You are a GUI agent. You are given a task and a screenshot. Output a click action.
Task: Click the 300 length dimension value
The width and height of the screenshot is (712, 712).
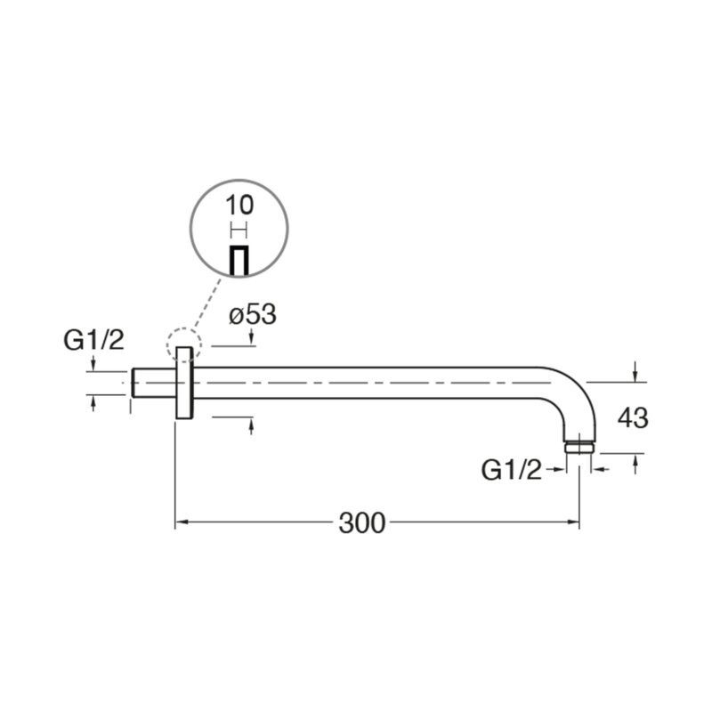pyautogui.click(x=362, y=523)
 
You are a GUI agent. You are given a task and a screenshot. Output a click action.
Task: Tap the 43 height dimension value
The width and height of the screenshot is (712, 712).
pyautogui.click(x=633, y=417)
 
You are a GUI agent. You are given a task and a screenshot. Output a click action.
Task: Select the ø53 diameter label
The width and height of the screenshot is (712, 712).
pyautogui.click(x=253, y=314)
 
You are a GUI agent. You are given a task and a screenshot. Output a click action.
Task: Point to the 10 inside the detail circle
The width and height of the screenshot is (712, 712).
pyautogui.click(x=239, y=206)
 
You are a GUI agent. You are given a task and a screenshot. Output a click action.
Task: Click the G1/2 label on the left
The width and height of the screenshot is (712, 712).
pyautogui.click(x=93, y=340)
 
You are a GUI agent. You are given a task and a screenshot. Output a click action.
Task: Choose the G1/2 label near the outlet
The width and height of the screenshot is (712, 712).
pyautogui.click(x=511, y=470)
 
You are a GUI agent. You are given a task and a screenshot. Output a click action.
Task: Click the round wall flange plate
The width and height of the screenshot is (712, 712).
pyautogui.click(x=184, y=383)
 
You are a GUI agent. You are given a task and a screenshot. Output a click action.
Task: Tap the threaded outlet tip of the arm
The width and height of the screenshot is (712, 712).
pyautogui.click(x=579, y=448)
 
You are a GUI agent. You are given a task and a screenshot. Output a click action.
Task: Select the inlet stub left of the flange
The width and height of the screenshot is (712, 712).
pyautogui.click(x=153, y=383)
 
